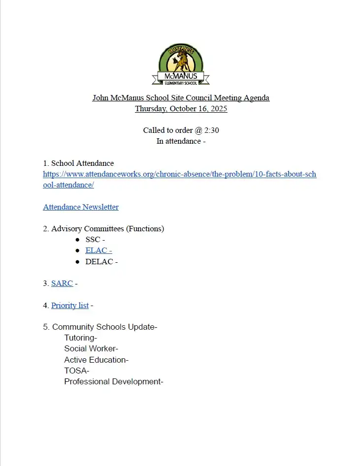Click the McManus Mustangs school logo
pos(181,64)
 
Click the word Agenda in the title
pos(257,98)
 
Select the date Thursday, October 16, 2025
pos(181,109)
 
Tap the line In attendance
pos(181,141)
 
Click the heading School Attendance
pos(82,163)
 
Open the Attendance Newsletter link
pos(81,207)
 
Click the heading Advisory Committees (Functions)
pos(107,228)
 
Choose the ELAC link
pos(98,250)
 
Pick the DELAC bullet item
pos(101,262)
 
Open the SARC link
pos(62,283)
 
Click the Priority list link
pos(70,306)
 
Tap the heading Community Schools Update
pos(104,327)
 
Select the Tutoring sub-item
pos(80,338)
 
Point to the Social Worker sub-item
pos(91,349)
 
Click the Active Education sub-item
pos(96,360)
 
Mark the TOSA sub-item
pos(76,371)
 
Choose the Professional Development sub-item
pos(113,381)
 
